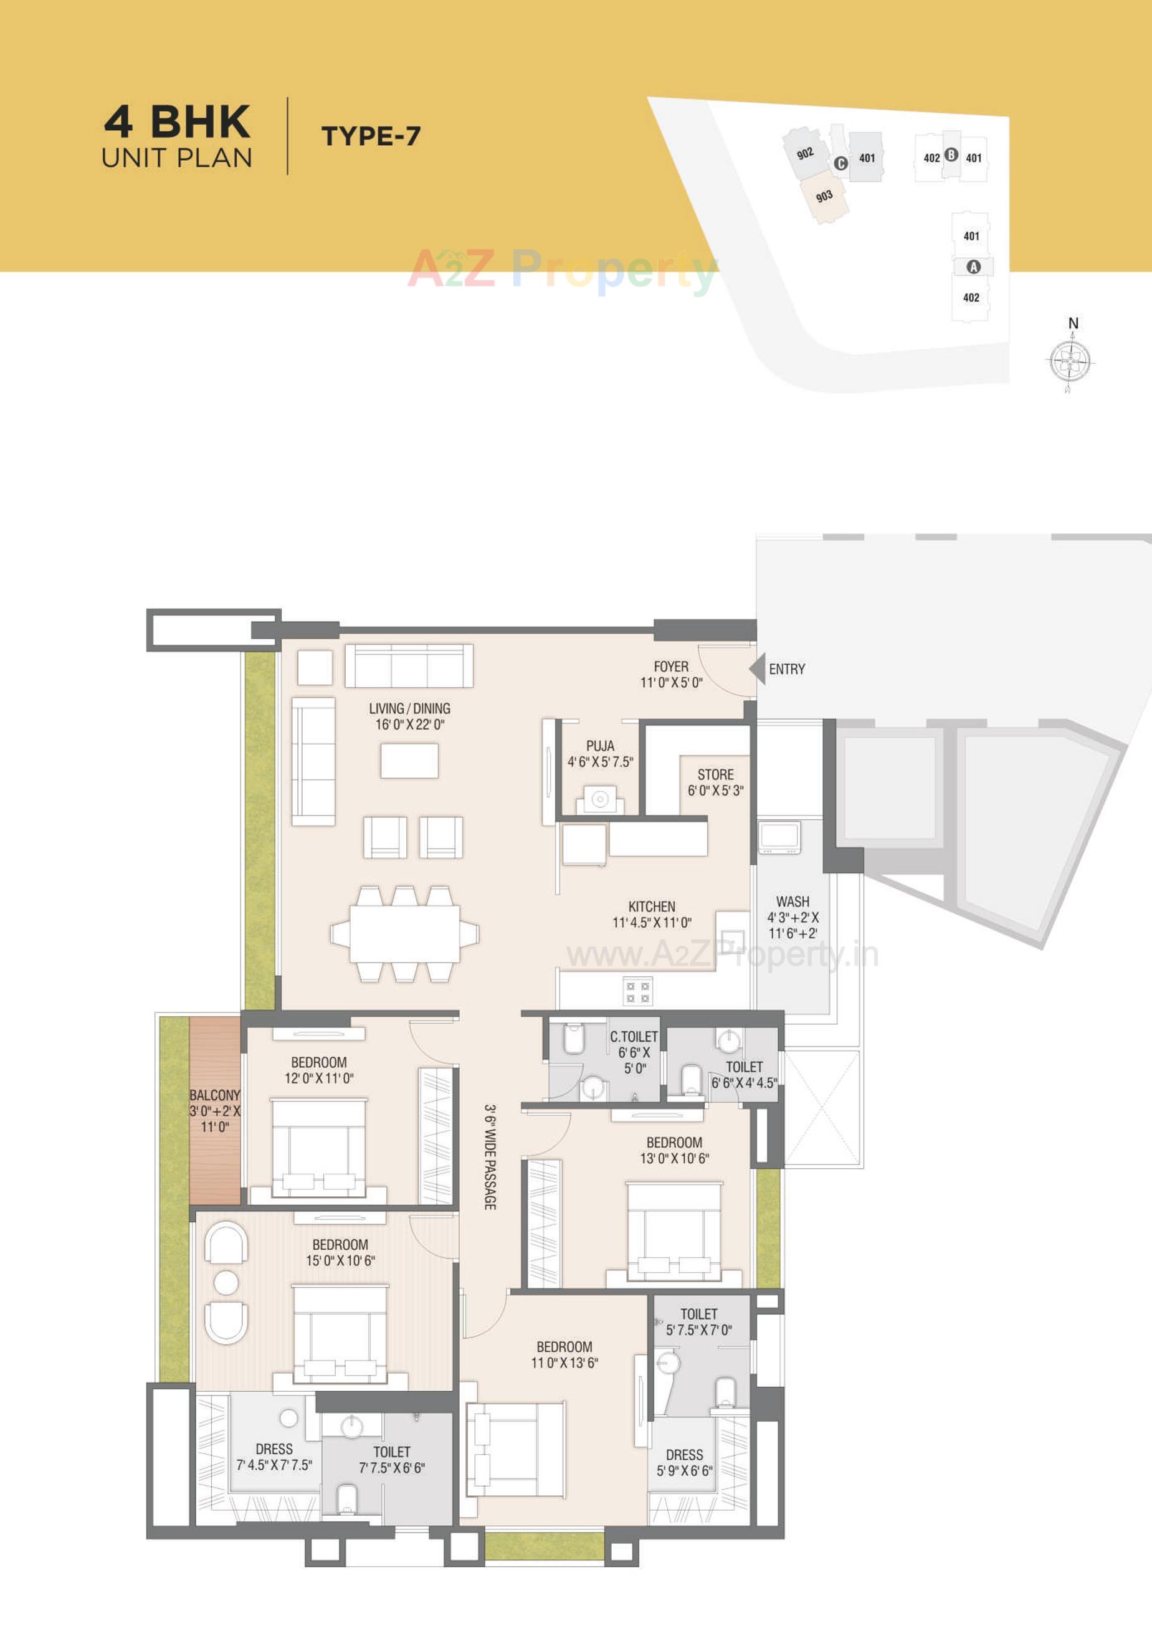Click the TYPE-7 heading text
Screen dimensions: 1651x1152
click(x=371, y=136)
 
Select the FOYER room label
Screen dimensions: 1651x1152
click(x=670, y=667)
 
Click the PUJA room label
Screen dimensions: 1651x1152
click(x=600, y=746)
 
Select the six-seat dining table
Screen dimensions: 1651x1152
click(x=405, y=933)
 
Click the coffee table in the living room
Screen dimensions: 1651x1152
click(x=409, y=761)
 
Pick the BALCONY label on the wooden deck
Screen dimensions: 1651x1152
click(x=214, y=1095)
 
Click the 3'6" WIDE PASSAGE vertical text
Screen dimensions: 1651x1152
click(x=490, y=1157)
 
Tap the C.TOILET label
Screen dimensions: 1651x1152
click(x=634, y=1037)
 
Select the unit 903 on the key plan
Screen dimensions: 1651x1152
click(x=824, y=196)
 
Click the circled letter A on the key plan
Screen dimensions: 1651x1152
click(x=973, y=267)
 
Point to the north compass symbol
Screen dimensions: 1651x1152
click(x=1069, y=359)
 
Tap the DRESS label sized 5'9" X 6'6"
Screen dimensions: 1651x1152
click(x=684, y=1455)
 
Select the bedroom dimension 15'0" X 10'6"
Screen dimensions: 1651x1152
click(x=340, y=1260)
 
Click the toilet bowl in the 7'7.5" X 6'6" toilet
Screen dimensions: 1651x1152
click(x=346, y=1498)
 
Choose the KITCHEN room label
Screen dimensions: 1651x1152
click(x=652, y=906)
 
